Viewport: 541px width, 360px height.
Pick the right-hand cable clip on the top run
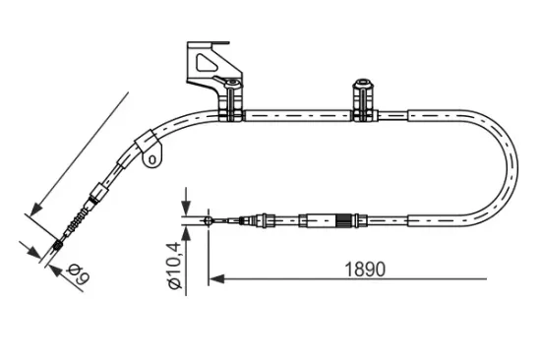[361, 102]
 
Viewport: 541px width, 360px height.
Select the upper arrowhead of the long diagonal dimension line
[128, 95]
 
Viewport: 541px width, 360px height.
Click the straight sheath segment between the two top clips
[296, 116]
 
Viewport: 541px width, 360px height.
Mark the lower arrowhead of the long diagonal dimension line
[35, 210]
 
